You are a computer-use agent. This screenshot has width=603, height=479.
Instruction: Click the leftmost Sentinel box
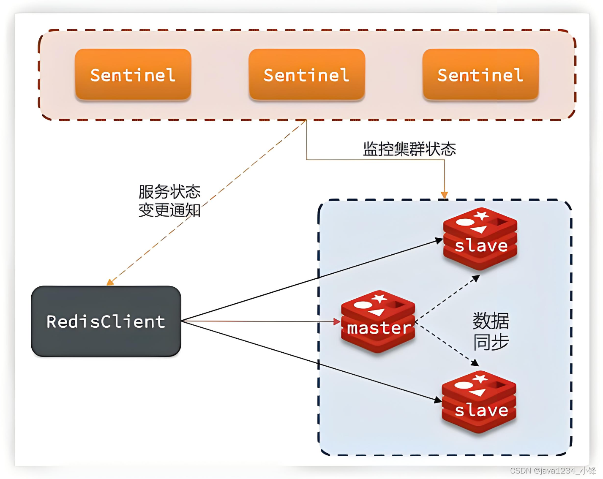pyautogui.click(x=133, y=75)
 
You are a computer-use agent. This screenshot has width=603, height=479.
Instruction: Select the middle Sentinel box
pyautogui.click(x=306, y=75)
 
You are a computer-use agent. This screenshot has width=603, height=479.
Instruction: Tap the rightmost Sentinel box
pyautogui.click(x=480, y=75)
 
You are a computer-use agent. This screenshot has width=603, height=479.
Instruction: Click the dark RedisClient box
pyautogui.click(x=106, y=321)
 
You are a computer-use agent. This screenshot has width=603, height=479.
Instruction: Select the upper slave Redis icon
pyautogui.click(x=480, y=239)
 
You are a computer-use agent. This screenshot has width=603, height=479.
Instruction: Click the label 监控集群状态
pyautogui.click(x=409, y=149)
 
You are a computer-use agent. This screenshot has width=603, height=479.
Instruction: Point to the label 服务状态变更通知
pyautogui.click(x=169, y=201)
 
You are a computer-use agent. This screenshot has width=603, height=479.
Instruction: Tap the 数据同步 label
pyautogui.click(x=491, y=331)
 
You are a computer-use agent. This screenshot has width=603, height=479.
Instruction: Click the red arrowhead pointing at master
pyautogui.click(x=337, y=322)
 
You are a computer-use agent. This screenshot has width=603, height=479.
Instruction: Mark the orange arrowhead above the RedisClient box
pyautogui.click(x=110, y=282)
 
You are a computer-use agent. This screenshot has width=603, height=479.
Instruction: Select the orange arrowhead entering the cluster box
pyautogui.click(x=444, y=195)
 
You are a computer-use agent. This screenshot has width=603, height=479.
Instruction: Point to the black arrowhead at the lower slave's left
pyautogui.click(x=438, y=400)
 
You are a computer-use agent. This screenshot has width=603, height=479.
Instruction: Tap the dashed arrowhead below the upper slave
pyautogui.click(x=476, y=278)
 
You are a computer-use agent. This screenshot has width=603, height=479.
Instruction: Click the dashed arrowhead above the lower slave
pyautogui.click(x=475, y=363)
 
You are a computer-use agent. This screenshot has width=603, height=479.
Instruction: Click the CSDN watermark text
pyautogui.click(x=552, y=471)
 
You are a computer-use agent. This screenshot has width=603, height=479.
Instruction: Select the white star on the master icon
pyautogui.click(x=379, y=299)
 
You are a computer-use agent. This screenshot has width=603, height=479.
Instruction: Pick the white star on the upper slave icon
pyautogui.click(x=481, y=216)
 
